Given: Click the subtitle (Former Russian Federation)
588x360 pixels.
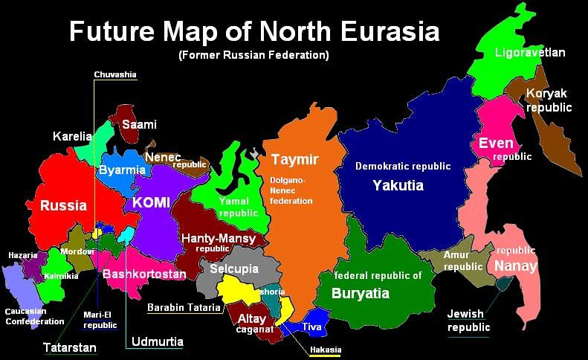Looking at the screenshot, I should [253, 55].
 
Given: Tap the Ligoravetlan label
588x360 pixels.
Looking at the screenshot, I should [529, 53].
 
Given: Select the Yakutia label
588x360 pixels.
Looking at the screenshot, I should [398, 185].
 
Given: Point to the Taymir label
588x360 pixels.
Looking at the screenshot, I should [294, 160].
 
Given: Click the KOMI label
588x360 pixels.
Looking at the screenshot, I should [151, 202].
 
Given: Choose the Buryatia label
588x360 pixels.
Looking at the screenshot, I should [360, 293].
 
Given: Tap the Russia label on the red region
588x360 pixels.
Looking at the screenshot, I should [63, 205].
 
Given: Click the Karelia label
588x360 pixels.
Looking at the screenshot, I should [72, 136].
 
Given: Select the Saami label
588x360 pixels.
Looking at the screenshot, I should [139, 124].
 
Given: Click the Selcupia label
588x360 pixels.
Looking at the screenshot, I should [233, 269].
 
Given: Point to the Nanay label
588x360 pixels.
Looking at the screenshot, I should [515, 266].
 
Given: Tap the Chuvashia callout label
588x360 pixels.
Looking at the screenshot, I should [115, 74].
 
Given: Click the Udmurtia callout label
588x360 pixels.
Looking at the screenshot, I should [157, 342].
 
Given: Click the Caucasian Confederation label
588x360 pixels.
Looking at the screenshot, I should [34, 316].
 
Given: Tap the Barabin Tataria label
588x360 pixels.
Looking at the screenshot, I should [184, 307].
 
